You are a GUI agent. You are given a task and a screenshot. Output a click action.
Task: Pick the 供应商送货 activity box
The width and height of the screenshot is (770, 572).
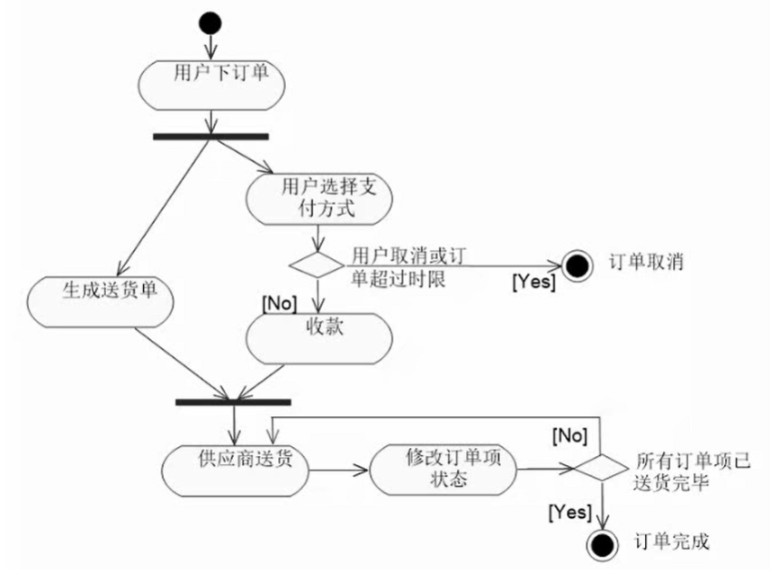[236, 468]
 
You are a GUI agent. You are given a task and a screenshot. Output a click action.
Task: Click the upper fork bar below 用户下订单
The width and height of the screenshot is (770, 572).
[210, 137]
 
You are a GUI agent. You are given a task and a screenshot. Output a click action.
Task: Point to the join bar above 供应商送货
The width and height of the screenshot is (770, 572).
[232, 401]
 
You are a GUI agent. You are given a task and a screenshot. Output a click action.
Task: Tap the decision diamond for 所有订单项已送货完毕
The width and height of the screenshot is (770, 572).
[601, 468]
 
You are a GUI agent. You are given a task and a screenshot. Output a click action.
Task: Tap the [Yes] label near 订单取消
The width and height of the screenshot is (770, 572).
[533, 282]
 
